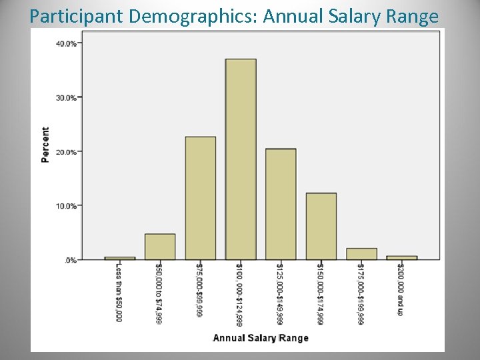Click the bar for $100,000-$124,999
pos(241,159)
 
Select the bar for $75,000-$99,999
pos(200,198)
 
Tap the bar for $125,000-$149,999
pos(281,204)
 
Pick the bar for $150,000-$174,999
pos(321,226)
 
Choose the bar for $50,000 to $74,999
pos(160,247)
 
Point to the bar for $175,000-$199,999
pos(361,254)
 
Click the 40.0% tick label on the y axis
pos(66,44)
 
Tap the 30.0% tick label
pos(66,98)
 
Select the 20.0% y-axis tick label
pos(66,152)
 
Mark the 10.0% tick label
pos(66,206)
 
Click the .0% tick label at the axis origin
pos(70,260)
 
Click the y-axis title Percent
pos(45,145)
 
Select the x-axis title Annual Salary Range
pos(261,338)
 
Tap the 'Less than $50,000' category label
pos(119,292)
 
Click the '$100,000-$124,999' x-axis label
pos(239,294)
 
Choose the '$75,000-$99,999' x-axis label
pos(199,290)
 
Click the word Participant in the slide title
pos(77,16)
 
